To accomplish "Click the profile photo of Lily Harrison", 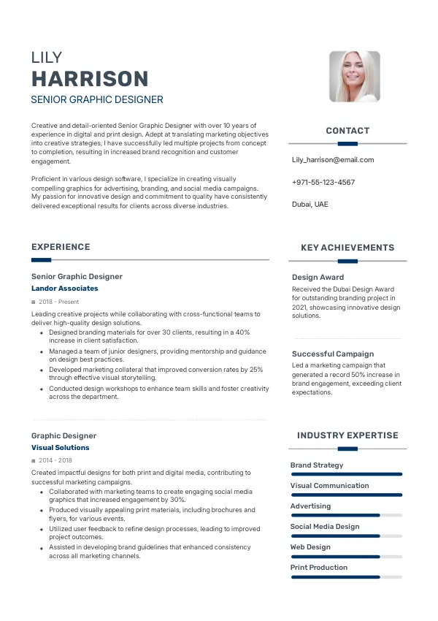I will tap(355, 76).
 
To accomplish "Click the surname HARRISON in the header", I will tap(90, 79).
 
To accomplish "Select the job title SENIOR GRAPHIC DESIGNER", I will tap(97, 99).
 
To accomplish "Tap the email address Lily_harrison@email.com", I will tap(333, 159).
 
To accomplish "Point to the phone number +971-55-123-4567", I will tap(323, 182).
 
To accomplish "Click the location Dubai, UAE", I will tap(310, 204).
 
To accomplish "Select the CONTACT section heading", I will tap(347, 131).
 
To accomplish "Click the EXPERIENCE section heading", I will tap(61, 247).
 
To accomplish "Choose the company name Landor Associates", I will tap(65, 289).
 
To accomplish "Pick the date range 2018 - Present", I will tap(58, 301).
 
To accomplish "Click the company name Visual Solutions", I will tap(61, 448).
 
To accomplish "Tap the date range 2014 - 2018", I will tap(55, 460).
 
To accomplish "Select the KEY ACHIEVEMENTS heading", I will tap(347, 248).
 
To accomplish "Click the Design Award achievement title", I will tap(318, 277).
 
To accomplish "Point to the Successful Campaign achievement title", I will tap(333, 354).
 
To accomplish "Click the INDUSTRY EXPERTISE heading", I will tap(347, 435).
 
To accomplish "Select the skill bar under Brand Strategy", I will tap(347, 474).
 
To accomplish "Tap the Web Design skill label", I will tap(310, 546).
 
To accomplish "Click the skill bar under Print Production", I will tap(347, 576).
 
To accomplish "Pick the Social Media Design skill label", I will tap(325, 526).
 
